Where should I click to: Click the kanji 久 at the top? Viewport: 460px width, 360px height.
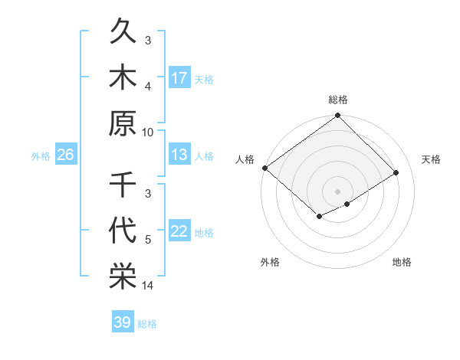(123, 34)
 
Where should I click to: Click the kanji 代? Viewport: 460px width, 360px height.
(123, 231)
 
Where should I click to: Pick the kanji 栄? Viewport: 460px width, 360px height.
(123, 276)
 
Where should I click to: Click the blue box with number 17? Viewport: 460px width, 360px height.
(179, 78)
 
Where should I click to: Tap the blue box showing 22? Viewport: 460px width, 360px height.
(179, 232)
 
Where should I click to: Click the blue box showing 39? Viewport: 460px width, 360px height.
(122, 322)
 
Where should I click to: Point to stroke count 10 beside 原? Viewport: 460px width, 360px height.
(148, 132)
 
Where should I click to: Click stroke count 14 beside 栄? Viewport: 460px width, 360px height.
(148, 286)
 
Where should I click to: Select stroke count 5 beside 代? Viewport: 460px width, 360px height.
(148, 241)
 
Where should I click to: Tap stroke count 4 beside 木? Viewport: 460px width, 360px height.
(148, 87)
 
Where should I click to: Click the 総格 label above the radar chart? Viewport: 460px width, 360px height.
(338, 100)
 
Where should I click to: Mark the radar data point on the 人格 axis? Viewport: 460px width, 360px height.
(264, 168)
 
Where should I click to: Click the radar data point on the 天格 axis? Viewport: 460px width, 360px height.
(396, 173)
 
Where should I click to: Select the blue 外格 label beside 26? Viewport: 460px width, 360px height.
(41, 156)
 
